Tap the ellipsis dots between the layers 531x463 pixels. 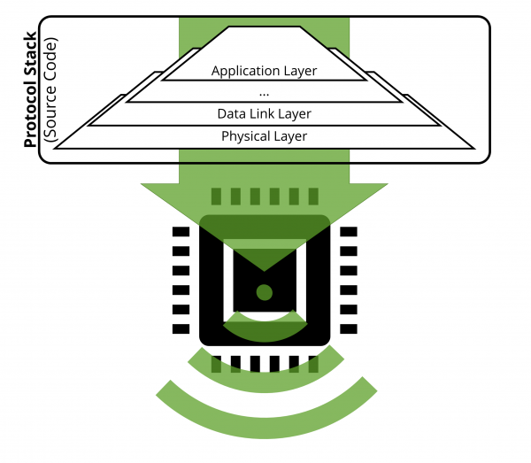click(x=264, y=95)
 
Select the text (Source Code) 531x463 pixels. click(x=50, y=89)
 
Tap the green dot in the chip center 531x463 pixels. click(x=264, y=292)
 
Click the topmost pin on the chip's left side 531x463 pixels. click(x=181, y=232)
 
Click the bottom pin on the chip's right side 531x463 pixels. click(x=349, y=328)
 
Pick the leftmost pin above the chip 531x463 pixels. click(x=216, y=197)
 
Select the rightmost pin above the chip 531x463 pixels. click(x=313, y=197)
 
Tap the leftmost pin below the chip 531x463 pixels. click(x=216, y=364)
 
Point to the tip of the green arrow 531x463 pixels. click(x=264, y=271)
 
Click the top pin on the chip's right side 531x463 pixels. click(x=349, y=232)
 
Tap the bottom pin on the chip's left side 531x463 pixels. click(x=181, y=328)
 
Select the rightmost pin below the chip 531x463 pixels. click(x=313, y=364)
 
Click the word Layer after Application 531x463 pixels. click(x=300, y=71)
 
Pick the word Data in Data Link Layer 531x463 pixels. click(x=232, y=114)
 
